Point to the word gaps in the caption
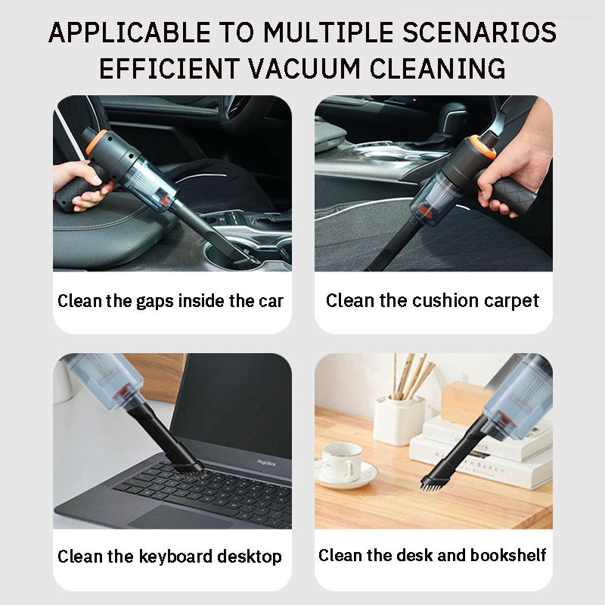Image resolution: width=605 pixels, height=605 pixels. point(159,301)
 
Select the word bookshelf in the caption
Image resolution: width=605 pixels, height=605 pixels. point(508,556)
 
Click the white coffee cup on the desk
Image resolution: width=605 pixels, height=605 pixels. point(342,463)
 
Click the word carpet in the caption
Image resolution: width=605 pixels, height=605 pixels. point(514,301)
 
